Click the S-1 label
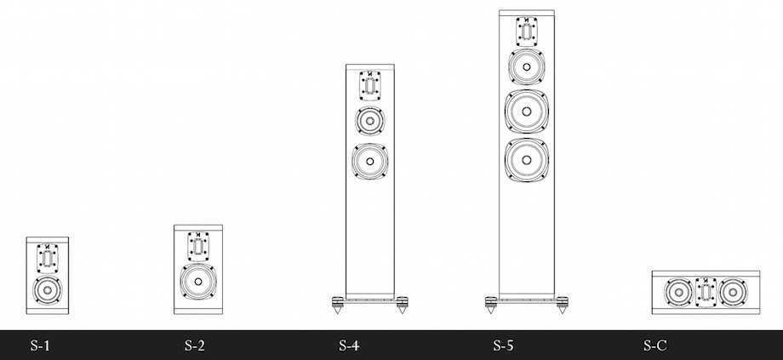point(40,345)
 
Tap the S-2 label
point(194,345)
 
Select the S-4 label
point(349,345)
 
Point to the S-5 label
point(503,345)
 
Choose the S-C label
point(654,345)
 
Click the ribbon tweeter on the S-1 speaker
point(48,258)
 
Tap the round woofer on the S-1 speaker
point(48,289)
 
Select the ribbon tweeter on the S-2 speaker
point(198,246)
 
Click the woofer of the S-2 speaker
point(198,282)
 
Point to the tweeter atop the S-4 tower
point(370,85)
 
